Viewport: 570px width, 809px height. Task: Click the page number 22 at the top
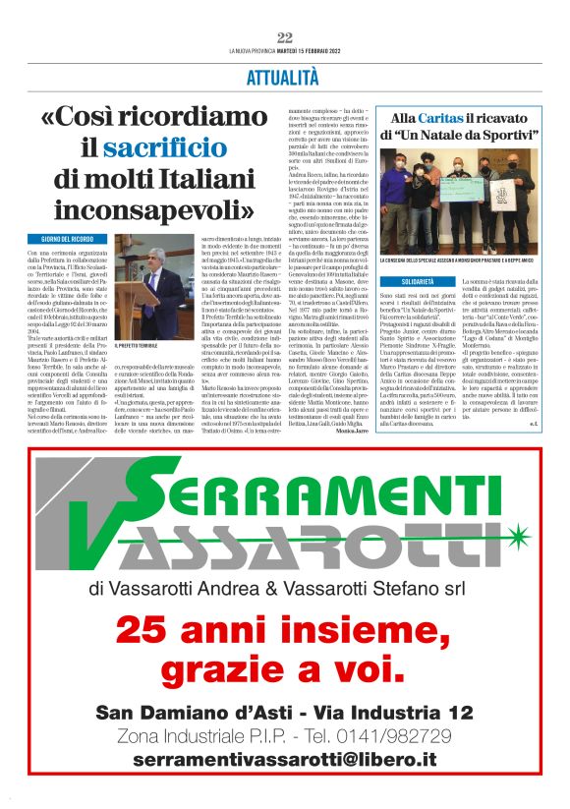pos(285,37)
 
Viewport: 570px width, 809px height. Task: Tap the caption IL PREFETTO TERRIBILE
pos(137,346)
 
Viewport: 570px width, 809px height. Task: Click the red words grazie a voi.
pos(284,670)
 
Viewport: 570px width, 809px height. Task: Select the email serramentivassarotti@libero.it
pos(284,760)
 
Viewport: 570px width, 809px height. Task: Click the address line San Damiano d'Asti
pos(284,711)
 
